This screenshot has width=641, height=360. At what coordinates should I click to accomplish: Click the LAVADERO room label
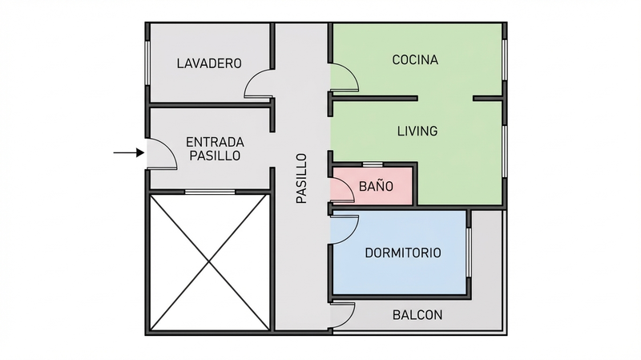(x=209, y=63)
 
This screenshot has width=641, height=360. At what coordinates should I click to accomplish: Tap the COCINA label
(x=415, y=59)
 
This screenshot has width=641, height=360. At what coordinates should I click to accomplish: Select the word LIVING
(x=417, y=131)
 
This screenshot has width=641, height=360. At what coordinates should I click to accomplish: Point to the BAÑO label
(x=375, y=186)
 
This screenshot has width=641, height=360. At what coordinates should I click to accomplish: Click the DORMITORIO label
(x=403, y=253)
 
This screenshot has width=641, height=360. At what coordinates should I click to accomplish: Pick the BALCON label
(x=417, y=315)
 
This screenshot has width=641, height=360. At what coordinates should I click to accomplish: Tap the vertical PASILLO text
(x=301, y=178)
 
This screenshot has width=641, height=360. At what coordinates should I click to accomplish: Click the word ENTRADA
(x=214, y=141)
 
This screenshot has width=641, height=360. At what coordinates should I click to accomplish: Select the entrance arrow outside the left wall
(x=126, y=152)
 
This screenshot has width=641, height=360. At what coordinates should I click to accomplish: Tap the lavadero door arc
(x=258, y=83)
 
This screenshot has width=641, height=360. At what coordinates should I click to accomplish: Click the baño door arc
(x=342, y=189)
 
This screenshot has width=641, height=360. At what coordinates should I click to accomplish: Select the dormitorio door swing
(x=345, y=229)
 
